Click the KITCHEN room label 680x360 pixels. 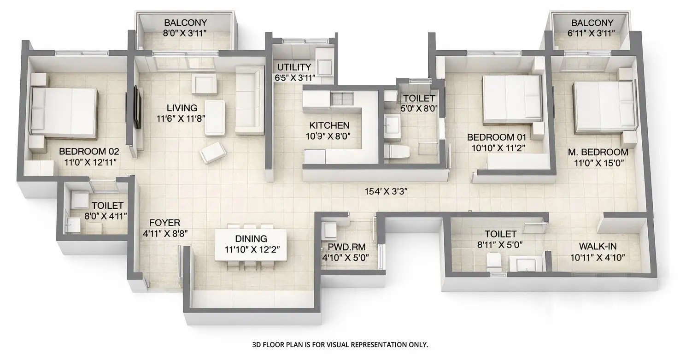coord(329,125)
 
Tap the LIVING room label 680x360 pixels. coord(182,108)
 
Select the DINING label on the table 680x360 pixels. coord(251,239)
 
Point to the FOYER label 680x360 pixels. coord(161,223)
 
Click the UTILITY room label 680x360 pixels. coord(294,68)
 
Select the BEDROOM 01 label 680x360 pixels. coord(496,137)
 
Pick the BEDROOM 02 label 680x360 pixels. coord(89,151)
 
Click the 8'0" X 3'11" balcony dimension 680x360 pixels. coord(186,33)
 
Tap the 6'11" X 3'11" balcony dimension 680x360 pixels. coord(592,33)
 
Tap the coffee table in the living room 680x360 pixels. coord(215,118)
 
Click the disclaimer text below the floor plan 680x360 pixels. coord(340,344)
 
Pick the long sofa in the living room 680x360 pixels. coord(249,100)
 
